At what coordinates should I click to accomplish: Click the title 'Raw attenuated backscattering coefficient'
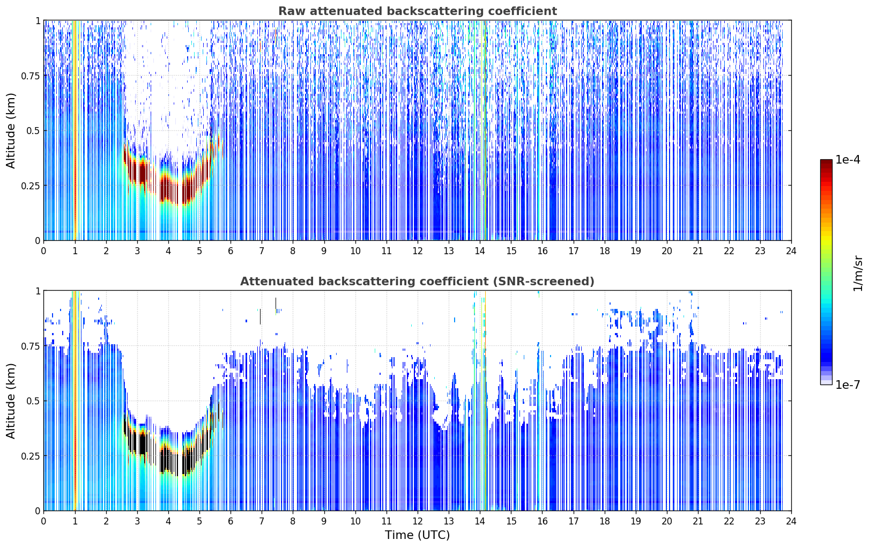(418, 11)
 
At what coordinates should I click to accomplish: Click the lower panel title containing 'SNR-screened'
(418, 281)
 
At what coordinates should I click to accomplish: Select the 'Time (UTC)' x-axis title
(418, 535)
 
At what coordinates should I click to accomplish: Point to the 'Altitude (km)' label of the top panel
(11, 131)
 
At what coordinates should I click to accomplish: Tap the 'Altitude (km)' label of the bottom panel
(11, 401)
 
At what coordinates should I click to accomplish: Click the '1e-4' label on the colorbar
(848, 159)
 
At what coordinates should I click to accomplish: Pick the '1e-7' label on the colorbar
(848, 385)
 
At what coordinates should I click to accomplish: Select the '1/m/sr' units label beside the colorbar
(858, 273)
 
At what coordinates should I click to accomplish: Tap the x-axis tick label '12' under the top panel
(418, 250)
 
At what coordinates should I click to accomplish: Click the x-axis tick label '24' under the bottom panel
(791, 521)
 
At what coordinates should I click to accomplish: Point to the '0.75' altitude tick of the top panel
(31, 76)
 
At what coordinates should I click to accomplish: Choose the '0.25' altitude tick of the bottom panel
(31, 456)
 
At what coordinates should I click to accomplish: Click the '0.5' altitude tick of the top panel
(33, 131)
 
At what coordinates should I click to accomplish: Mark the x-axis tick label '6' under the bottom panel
(231, 521)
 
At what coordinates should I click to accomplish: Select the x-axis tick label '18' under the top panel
(604, 250)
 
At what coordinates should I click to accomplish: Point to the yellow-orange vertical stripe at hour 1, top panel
(76, 130)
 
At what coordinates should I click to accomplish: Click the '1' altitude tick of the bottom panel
(38, 291)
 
